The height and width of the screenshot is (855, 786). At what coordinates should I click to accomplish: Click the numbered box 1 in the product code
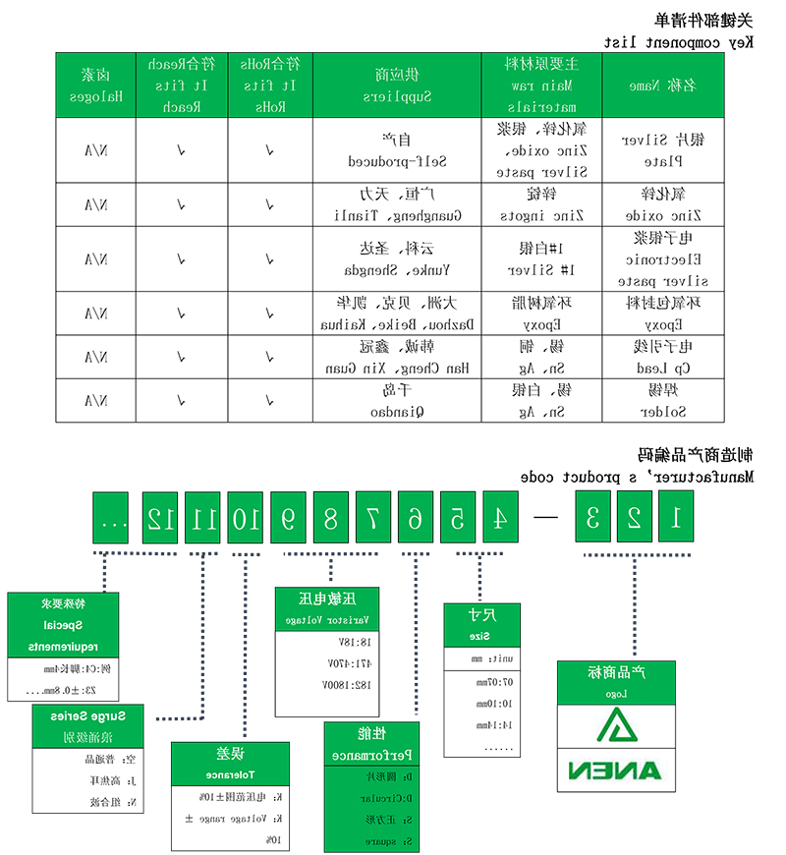click(x=675, y=518)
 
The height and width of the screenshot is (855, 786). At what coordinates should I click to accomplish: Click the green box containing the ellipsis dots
click(x=113, y=518)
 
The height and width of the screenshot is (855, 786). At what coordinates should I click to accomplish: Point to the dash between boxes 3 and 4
click(x=547, y=519)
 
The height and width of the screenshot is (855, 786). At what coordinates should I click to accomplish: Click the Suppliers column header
click(x=395, y=85)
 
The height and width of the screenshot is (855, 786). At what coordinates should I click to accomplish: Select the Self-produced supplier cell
click(x=395, y=148)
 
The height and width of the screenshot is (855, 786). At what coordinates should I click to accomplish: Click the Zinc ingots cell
click(x=542, y=203)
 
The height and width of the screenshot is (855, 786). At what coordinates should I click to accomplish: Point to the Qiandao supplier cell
click(x=395, y=401)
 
